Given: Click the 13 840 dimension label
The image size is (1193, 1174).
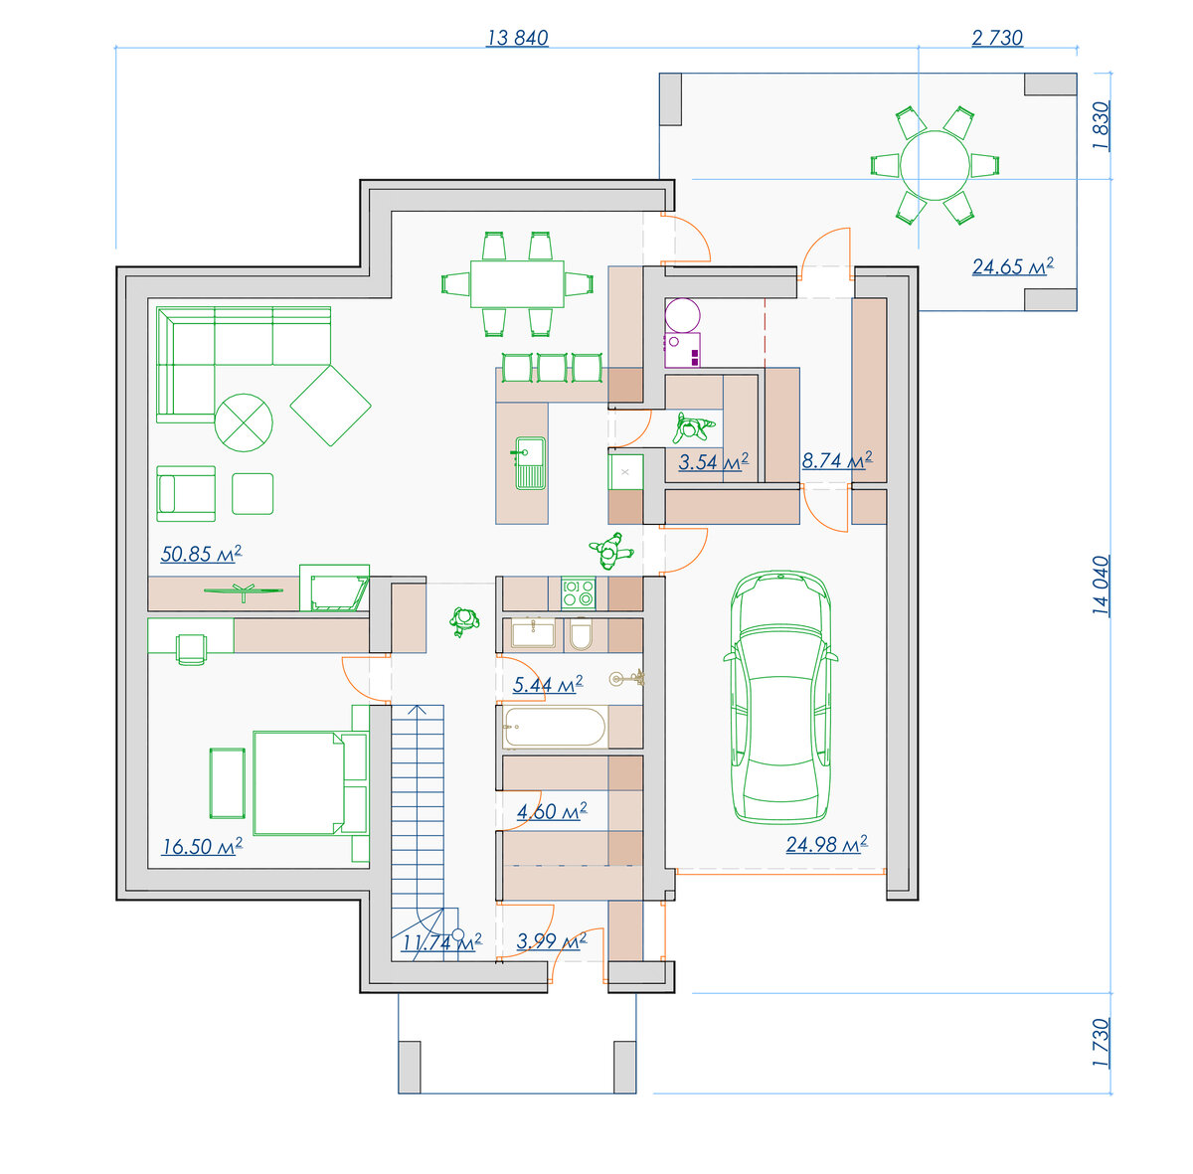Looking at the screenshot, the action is point(517,38).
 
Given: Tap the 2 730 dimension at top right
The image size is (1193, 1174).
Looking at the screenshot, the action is point(997,38).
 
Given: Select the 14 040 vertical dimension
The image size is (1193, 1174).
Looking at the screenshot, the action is point(1101,586).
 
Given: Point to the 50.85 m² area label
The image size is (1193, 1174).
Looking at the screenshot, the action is point(201,553).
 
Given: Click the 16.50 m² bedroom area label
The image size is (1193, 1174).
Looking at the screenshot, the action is point(202,846).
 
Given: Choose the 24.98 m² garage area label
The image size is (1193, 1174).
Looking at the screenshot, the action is point(826,844).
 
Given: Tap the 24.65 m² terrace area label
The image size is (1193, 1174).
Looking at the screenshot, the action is point(1012,266).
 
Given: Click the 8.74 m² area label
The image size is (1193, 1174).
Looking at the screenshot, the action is point(837,460).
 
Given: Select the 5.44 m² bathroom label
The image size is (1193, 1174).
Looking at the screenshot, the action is point(548,684).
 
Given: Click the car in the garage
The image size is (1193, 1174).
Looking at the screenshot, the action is point(780,698).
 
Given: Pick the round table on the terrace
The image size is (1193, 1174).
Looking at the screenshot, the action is point(935,165).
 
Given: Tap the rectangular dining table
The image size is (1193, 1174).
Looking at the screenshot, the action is point(517,283).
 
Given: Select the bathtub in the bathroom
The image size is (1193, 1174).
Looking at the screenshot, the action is point(555,727).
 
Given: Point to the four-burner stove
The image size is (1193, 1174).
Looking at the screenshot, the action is point(579,593).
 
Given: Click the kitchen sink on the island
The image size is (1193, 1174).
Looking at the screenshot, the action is point(530,462).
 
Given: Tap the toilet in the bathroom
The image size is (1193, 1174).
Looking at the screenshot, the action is point(581,635).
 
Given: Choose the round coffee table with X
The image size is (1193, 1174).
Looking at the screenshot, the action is point(244,422).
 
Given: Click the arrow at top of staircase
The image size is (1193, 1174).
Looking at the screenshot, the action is point(418,710).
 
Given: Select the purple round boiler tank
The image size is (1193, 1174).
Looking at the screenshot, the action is point(682,315).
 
